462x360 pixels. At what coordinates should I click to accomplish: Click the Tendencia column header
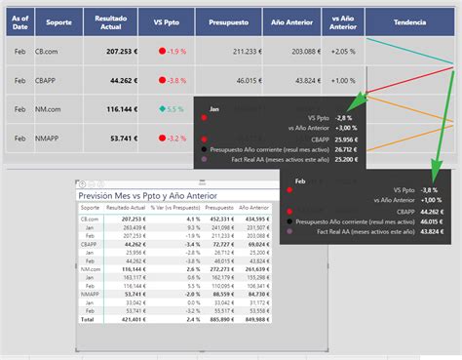coord(408,21)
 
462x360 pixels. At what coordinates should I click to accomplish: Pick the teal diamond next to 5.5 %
coord(162,109)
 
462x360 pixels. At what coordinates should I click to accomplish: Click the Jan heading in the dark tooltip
coord(215,109)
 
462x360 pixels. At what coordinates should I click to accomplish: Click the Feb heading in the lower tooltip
coord(300,180)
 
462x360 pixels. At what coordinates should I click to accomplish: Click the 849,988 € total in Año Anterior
coord(256,318)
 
